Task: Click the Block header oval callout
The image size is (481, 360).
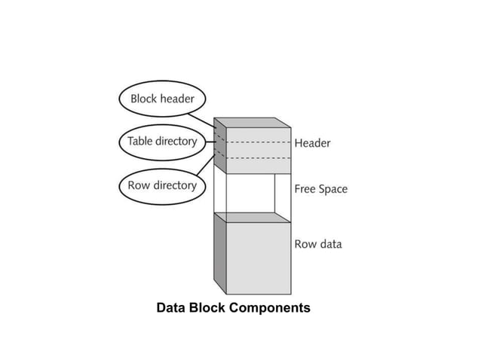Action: pos(162,99)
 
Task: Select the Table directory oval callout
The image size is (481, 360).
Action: pos(161,142)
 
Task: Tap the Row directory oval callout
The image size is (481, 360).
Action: pos(161,185)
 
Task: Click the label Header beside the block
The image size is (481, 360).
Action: pos(312,142)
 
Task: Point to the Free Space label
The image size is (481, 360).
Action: pos(320,189)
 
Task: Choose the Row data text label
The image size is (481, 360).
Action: pos(317,244)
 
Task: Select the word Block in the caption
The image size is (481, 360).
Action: pos(204,308)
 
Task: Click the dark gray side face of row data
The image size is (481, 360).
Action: pos(219,252)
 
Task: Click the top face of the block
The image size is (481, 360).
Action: pos(253,122)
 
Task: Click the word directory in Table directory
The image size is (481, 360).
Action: pos(176,142)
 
